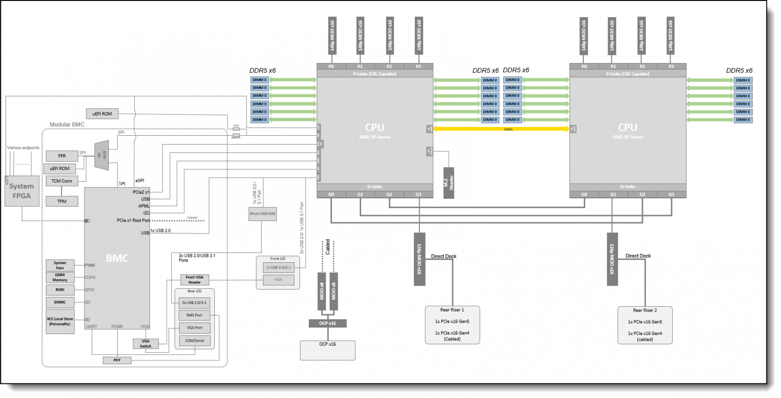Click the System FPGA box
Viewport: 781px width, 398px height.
(x=21, y=190)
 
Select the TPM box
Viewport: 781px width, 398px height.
(x=62, y=201)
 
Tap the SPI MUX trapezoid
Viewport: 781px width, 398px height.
(x=102, y=155)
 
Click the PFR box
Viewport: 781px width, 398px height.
(x=62, y=156)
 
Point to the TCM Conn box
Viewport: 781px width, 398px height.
(x=62, y=181)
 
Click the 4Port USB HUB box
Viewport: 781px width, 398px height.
(x=262, y=213)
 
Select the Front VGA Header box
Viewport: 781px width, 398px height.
(x=194, y=279)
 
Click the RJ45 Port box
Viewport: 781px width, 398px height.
(x=194, y=315)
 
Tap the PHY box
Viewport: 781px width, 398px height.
(x=117, y=360)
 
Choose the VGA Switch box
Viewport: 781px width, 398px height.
(x=145, y=343)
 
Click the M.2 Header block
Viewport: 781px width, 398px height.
(x=449, y=182)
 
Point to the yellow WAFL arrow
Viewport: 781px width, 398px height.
(x=501, y=129)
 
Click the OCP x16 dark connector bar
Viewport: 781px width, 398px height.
(x=328, y=323)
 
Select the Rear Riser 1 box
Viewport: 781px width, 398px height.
(x=452, y=325)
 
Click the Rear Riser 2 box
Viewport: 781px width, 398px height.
(x=645, y=325)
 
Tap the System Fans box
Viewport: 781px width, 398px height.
(x=60, y=265)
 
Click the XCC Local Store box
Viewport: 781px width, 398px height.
(x=60, y=321)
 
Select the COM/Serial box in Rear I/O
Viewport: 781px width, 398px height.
(x=194, y=340)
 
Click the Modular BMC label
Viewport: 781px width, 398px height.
(x=67, y=125)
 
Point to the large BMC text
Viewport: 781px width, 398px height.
(x=117, y=258)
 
